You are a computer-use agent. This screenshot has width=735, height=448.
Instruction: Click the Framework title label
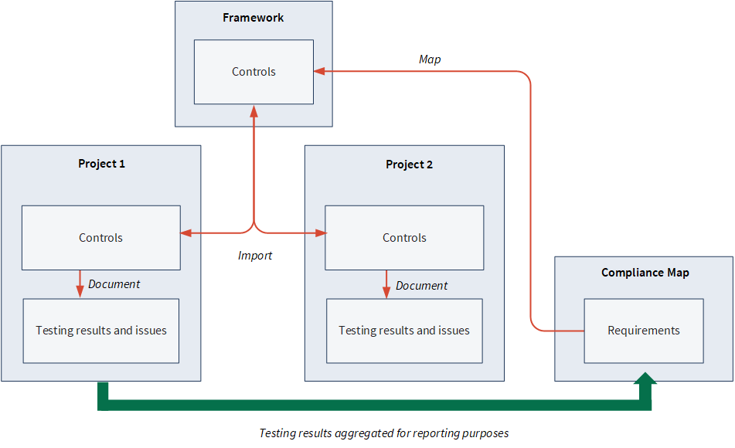[254, 18]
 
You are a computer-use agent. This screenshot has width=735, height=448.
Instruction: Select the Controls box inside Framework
[254, 72]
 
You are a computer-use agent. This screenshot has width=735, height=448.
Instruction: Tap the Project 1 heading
[101, 164]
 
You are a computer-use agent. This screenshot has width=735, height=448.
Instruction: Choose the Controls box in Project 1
[100, 238]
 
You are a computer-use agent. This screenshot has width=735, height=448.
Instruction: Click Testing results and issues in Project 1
[100, 331]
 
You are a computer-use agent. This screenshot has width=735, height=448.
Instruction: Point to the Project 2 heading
[409, 165]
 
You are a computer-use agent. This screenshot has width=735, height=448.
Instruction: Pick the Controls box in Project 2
[404, 238]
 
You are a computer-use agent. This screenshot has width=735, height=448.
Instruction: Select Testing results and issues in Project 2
[404, 331]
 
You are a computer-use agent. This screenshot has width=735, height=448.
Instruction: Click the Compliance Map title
[645, 273]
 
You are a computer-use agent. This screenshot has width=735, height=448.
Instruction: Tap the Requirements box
[644, 331]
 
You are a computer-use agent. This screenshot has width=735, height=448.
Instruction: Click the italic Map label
[430, 59]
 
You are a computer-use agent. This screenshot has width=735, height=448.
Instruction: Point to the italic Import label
[254, 256]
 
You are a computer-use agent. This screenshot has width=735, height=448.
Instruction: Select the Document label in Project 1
[114, 284]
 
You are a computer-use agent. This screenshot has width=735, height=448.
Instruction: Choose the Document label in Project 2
[421, 285]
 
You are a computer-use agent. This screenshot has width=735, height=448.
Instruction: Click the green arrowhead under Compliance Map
[645, 378]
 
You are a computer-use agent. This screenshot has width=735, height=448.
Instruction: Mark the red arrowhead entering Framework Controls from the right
[320, 71]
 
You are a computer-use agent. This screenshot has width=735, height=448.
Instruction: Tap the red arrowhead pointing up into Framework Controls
[254, 111]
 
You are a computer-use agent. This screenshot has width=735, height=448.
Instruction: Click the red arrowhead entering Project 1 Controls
[186, 233]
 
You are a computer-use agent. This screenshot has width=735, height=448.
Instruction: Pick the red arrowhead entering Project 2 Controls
[321, 233]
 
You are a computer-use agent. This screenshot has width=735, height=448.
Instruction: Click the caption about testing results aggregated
[384, 433]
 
